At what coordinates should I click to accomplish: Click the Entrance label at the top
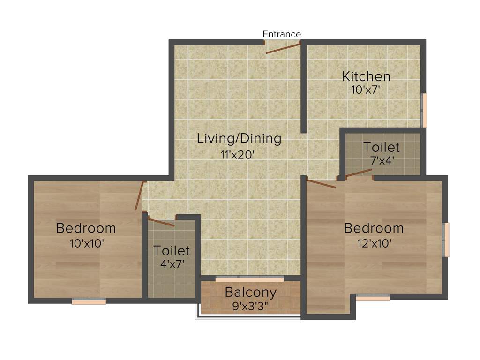point(282,34)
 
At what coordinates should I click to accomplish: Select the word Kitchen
point(366,76)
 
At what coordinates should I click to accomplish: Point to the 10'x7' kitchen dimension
point(365,90)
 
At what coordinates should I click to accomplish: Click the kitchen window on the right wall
point(425,110)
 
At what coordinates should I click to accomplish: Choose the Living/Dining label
point(239,138)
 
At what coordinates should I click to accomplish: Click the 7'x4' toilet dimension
point(382,160)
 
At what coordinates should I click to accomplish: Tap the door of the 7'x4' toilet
point(359,173)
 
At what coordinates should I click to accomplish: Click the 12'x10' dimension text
point(374,243)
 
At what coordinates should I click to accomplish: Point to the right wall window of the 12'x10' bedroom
point(446,240)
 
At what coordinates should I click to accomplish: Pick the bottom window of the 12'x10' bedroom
point(373,297)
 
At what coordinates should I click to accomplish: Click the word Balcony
point(250,292)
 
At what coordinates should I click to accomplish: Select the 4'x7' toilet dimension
point(172,264)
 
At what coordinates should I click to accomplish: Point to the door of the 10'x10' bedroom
point(139,196)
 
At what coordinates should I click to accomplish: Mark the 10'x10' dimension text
point(86,243)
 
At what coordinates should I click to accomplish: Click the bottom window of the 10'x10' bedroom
point(89,302)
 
